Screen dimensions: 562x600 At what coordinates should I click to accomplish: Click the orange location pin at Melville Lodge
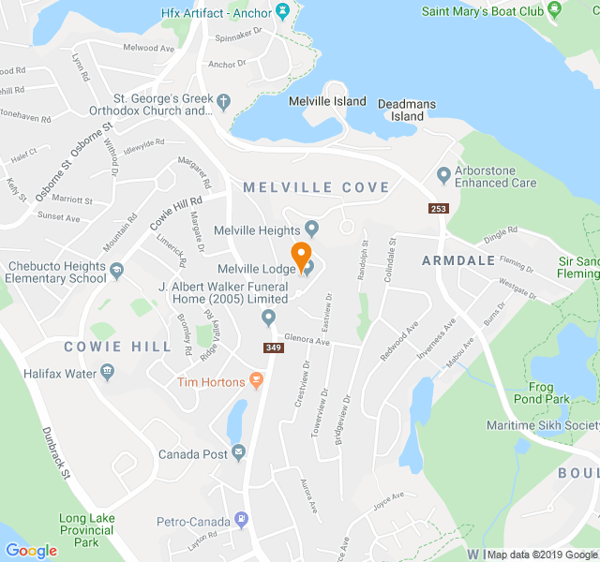pos(301,254)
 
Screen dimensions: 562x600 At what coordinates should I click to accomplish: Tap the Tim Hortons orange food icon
pos(257,381)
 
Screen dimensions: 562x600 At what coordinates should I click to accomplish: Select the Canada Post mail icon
pos(239,454)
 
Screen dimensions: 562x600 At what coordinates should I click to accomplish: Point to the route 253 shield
pos(438,208)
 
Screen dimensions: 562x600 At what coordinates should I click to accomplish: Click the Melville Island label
pos(327,101)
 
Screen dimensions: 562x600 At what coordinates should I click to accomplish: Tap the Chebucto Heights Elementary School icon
pos(117,272)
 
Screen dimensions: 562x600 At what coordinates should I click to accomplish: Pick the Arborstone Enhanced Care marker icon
pos(443,175)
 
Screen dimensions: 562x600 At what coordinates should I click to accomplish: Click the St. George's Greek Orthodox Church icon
pos(223,101)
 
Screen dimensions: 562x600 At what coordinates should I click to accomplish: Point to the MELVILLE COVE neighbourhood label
pos(316,187)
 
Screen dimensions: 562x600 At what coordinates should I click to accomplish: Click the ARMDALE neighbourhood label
pos(458,259)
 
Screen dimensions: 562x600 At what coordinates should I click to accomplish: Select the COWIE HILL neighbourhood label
pos(118,347)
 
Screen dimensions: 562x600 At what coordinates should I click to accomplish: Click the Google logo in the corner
pos(31,551)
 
